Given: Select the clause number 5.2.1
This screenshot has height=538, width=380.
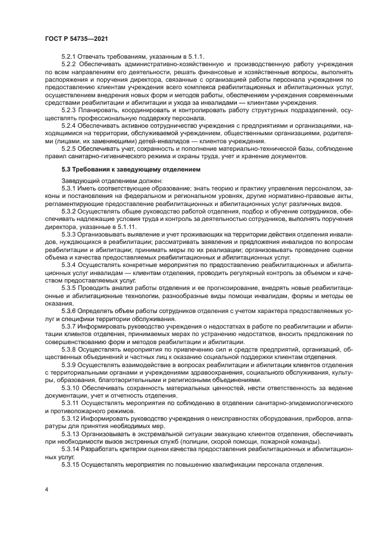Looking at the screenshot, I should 70,57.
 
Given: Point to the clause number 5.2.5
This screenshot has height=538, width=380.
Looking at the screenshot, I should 70,148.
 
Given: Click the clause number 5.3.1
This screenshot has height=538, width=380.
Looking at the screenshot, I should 70,188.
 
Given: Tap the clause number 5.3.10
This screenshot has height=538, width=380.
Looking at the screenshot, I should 72,388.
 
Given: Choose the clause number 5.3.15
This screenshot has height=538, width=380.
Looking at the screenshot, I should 72,464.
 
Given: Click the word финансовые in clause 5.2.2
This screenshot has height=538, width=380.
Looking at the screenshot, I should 219,72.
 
